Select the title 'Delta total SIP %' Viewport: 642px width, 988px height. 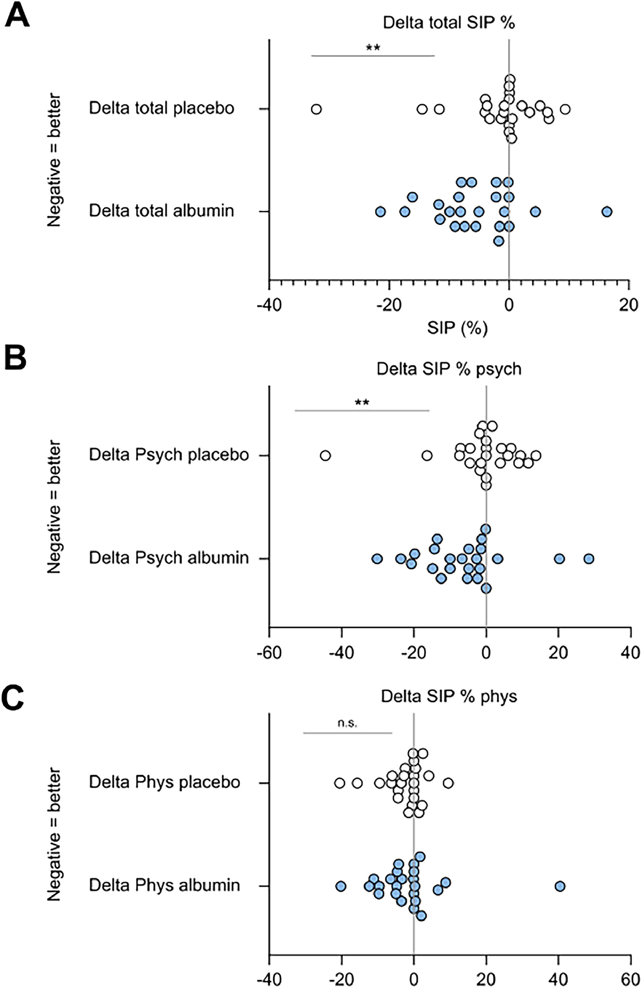click(x=448, y=23)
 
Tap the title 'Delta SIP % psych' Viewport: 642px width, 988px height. click(x=448, y=369)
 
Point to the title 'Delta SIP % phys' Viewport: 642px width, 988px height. click(x=448, y=696)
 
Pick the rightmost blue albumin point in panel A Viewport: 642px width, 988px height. click(x=607, y=212)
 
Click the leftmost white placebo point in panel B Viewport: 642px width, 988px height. click(x=325, y=456)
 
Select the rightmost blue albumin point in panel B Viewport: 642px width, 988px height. click(x=588, y=559)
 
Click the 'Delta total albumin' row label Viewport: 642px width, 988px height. click(x=161, y=211)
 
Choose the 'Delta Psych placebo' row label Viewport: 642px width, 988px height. click(x=169, y=455)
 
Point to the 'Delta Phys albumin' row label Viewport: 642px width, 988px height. click(x=164, y=885)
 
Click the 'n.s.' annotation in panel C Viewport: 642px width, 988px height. click(x=347, y=723)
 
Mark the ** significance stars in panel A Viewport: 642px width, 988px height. click(x=373, y=47)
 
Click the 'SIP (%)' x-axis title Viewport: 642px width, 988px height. click(x=457, y=328)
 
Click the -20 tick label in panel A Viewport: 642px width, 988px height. click(x=389, y=305)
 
